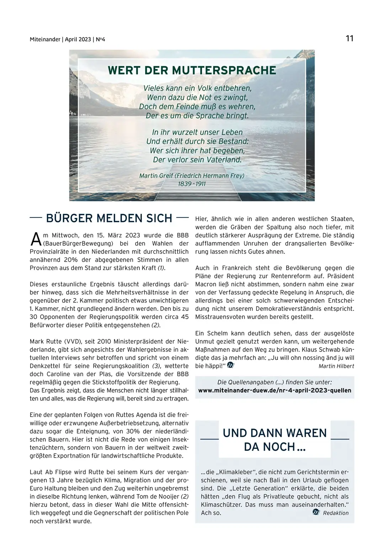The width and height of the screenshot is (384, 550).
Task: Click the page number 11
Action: click(x=350, y=38)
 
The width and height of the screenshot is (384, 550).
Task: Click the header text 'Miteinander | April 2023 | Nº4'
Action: click(x=68, y=39)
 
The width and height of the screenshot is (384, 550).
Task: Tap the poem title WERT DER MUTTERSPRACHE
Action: click(x=192, y=70)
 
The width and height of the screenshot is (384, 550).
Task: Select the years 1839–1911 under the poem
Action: click(x=192, y=184)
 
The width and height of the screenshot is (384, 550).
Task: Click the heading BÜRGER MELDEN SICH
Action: click(x=109, y=218)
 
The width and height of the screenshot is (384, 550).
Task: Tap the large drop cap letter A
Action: click(x=36, y=240)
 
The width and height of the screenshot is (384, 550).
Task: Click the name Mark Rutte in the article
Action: click(x=46, y=342)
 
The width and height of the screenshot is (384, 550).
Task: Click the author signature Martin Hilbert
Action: click(x=336, y=366)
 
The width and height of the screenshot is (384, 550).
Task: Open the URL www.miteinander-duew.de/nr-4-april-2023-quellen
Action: click(x=274, y=390)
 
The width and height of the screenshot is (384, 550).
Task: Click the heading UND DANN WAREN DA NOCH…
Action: click(x=274, y=440)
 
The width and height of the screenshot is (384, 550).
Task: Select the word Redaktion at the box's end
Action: click(x=336, y=513)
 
